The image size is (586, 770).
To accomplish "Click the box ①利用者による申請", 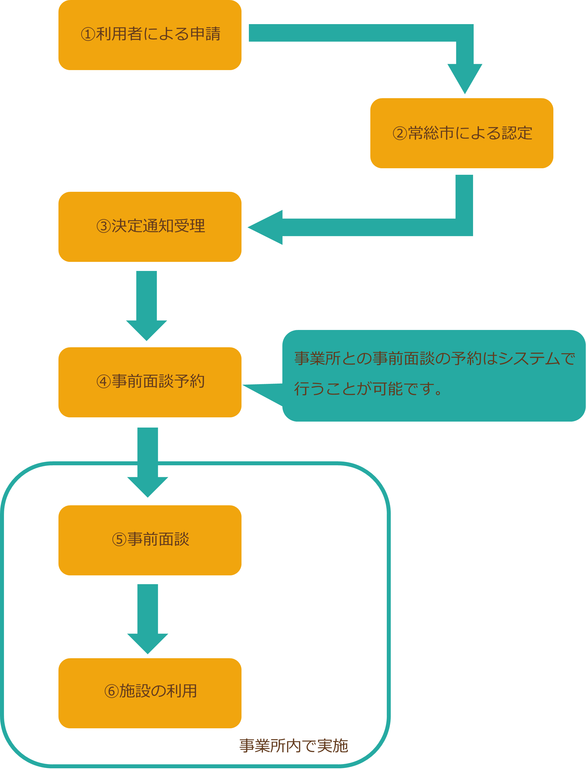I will (150, 35).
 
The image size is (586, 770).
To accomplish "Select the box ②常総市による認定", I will (461, 133).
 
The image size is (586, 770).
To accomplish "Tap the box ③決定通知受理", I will (150, 227).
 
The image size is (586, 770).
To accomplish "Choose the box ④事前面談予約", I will (150, 382).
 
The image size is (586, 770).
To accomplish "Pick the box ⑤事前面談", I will (150, 540).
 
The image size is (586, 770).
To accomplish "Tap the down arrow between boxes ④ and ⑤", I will (148, 464).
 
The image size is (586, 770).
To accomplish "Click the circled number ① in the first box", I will (88, 34).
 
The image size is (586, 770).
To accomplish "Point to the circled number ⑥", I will (112, 691).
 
